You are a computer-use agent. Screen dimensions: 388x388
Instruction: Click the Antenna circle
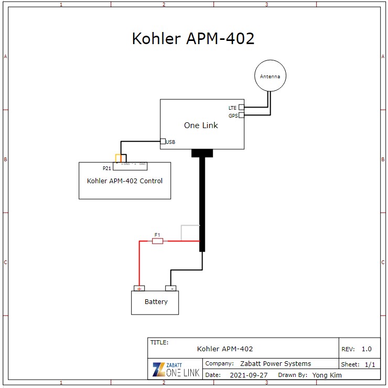(270, 77)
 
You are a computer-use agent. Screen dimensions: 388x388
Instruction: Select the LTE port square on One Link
(241, 107)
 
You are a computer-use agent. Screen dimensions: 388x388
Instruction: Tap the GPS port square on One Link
(241, 116)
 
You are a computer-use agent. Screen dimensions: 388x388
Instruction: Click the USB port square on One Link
(163, 141)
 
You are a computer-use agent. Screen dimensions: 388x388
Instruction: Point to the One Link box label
(201, 125)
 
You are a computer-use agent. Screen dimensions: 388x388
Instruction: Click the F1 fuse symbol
(157, 241)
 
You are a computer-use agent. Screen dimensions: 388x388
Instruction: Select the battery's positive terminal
(139, 288)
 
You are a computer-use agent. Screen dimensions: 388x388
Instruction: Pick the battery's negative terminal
(171, 288)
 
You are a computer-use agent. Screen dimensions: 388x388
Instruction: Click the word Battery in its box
(156, 302)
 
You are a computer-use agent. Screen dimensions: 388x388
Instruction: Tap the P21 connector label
(107, 169)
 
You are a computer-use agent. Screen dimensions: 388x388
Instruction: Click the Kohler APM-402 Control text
(124, 181)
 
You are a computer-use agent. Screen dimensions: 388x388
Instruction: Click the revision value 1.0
(367, 349)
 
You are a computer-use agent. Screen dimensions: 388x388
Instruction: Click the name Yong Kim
(327, 375)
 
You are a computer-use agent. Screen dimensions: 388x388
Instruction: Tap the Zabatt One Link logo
(175, 369)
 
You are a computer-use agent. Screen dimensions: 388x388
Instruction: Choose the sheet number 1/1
(370, 364)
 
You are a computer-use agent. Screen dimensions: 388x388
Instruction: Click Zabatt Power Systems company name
(275, 363)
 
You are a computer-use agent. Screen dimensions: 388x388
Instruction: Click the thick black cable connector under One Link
(202, 153)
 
